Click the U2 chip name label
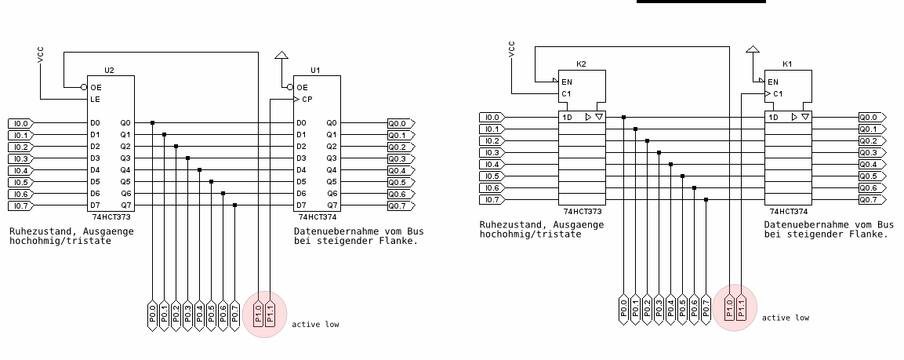109,70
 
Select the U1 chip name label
315,70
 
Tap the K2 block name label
581,64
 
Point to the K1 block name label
787,64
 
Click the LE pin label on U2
95,100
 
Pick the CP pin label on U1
302,100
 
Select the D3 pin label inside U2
95,158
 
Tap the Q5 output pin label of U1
332,182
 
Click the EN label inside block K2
567,82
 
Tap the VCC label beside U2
41,56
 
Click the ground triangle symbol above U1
281,56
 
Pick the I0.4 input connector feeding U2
20,170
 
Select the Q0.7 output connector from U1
399,205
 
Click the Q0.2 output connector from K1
870,140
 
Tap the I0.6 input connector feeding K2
491,187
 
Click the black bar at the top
701,2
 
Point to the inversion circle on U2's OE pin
84,87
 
